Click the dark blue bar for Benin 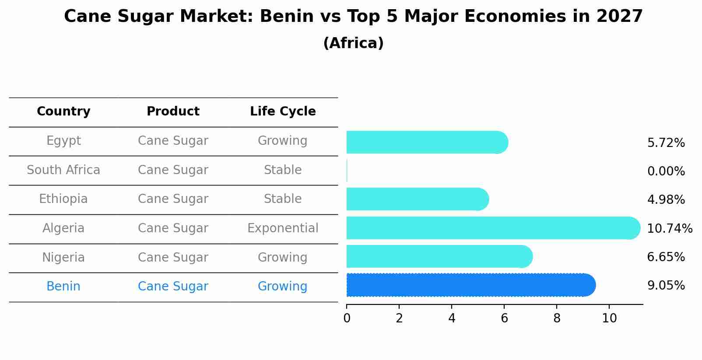tap(470, 285)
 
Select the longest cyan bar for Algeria tap(492, 228)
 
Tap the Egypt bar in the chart tap(427, 142)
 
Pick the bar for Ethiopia tap(417, 199)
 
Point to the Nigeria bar tap(439, 256)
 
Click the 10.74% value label tap(669, 229)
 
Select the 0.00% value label tap(666, 171)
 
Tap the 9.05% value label tap(666, 286)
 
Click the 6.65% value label tap(666, 257)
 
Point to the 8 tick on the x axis tap(557, 318)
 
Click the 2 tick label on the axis tap(399, 318)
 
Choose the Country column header tap(63, 112)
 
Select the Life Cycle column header tap(283, 112)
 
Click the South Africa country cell tap(63, 170)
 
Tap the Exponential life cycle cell tap(283, 228)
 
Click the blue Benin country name tap(63, 287)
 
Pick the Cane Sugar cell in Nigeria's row tap(173, 258)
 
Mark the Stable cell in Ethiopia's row tap(283, 199)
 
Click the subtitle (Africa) tap(353, 43)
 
